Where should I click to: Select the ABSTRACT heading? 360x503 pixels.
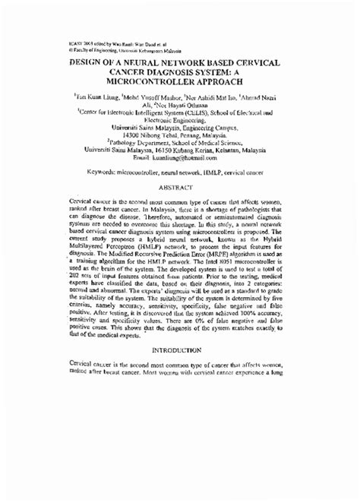coord(179,185)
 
